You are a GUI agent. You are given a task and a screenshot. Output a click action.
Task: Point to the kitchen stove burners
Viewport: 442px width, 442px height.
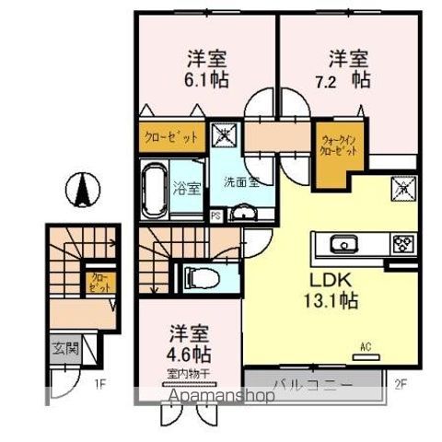(403, 244)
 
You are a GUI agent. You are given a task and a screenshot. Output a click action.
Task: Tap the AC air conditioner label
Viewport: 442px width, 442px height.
(365, 348)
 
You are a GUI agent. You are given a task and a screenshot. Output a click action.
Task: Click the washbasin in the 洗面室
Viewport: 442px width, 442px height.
(243, 213)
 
